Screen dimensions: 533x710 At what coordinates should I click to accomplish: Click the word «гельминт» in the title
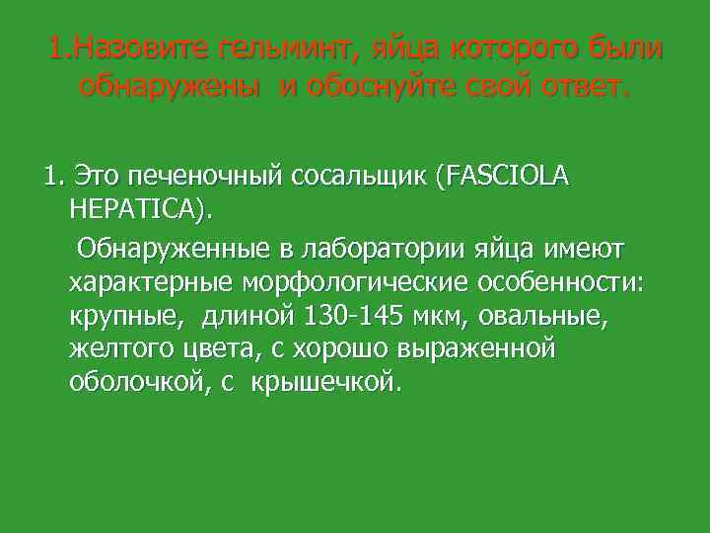click(302, 47)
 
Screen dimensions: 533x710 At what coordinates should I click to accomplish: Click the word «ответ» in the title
click(573, 87)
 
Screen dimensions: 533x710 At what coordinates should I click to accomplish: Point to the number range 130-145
click(348, 315)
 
